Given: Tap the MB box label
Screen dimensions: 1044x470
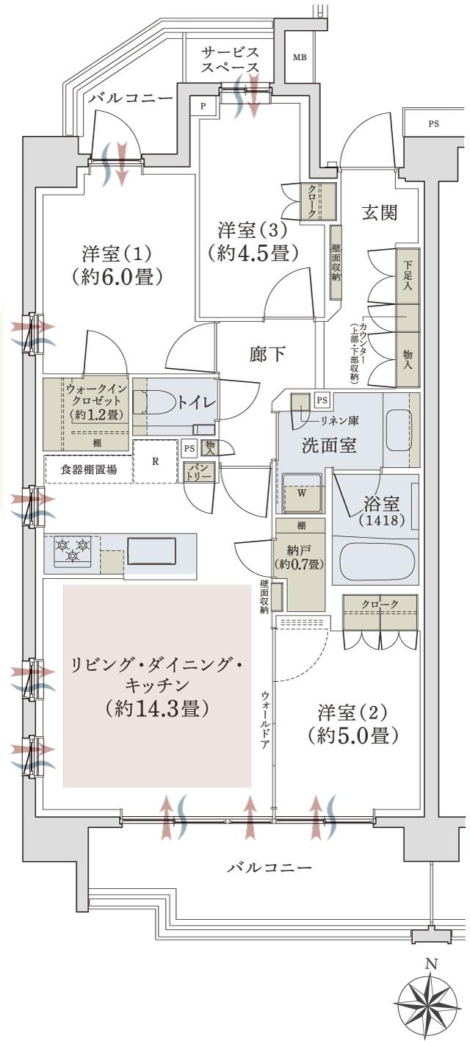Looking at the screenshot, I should point(300,57).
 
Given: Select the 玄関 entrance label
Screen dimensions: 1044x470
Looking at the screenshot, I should point(380,213).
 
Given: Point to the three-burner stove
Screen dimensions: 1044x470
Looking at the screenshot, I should point(72,550).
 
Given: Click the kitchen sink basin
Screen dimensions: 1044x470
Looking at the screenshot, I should point(151,550).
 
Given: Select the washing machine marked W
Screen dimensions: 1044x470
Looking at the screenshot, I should point(302,493).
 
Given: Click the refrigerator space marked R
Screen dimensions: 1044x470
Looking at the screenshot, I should point(156,461).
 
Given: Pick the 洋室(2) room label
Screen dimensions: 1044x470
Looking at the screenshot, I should point(352,712).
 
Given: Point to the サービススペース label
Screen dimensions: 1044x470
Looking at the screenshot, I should point(231,60).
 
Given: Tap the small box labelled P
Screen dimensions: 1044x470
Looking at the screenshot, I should point(203,106).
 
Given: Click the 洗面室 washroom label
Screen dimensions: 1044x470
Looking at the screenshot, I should point(330,445).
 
